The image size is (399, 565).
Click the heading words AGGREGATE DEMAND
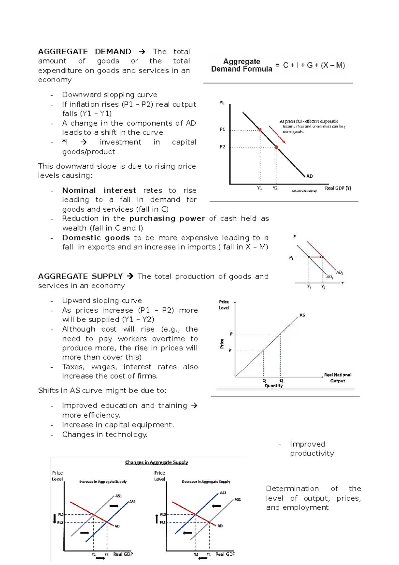coord(84,52)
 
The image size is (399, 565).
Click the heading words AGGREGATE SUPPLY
coord(80,276)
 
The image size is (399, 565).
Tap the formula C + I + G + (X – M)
coord(314,65)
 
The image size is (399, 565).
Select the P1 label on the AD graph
coord(222,129)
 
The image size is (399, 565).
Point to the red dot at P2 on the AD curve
coord(276,147)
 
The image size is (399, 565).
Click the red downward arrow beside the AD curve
coord(277,135)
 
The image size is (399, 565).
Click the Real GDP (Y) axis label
coord(338,188)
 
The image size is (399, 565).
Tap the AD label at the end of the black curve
coord(310,176)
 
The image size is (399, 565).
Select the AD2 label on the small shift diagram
coord(339,272)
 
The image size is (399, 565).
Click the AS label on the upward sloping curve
coord(302,315)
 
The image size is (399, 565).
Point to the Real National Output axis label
coord(337,378)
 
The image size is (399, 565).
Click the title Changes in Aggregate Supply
coord(156,462)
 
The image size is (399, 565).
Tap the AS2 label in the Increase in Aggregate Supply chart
coord(132,501)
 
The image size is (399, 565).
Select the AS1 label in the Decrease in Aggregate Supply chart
coord(238,499)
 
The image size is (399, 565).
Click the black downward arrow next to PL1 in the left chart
coord(55,518)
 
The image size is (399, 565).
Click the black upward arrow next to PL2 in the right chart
coord(157,518)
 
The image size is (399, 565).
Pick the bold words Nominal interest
coord(99,190)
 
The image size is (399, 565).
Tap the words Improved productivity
coord(312,449)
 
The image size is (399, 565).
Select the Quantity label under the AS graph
coord(274,386)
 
